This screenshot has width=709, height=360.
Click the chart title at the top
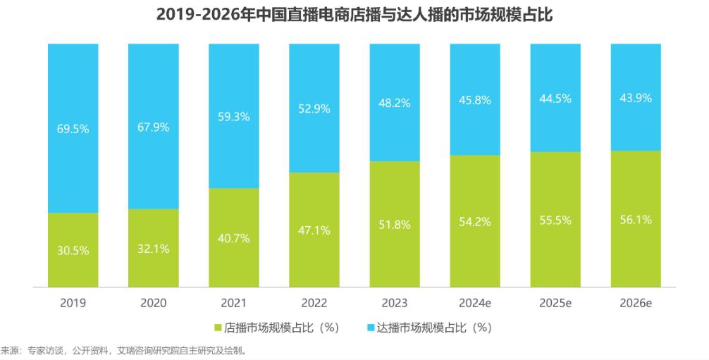354,14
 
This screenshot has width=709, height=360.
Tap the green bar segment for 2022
314,254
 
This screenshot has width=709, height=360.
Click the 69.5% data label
73,130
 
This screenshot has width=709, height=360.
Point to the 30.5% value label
73,250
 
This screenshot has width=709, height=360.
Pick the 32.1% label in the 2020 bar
154,248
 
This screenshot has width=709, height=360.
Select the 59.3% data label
234,117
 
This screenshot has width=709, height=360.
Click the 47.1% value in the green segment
314,230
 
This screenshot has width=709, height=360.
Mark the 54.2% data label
475,221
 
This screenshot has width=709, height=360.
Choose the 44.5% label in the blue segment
555,98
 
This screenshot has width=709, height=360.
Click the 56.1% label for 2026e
636,220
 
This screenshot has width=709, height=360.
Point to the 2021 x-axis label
234,303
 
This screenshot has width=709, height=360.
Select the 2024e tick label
475,303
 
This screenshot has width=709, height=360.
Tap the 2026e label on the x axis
636,303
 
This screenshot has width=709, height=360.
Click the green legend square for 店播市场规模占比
218,328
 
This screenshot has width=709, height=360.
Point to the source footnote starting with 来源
123,350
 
